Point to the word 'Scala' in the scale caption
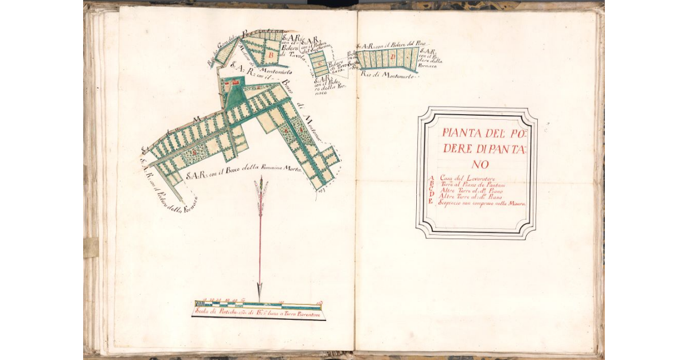coord(201,312)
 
